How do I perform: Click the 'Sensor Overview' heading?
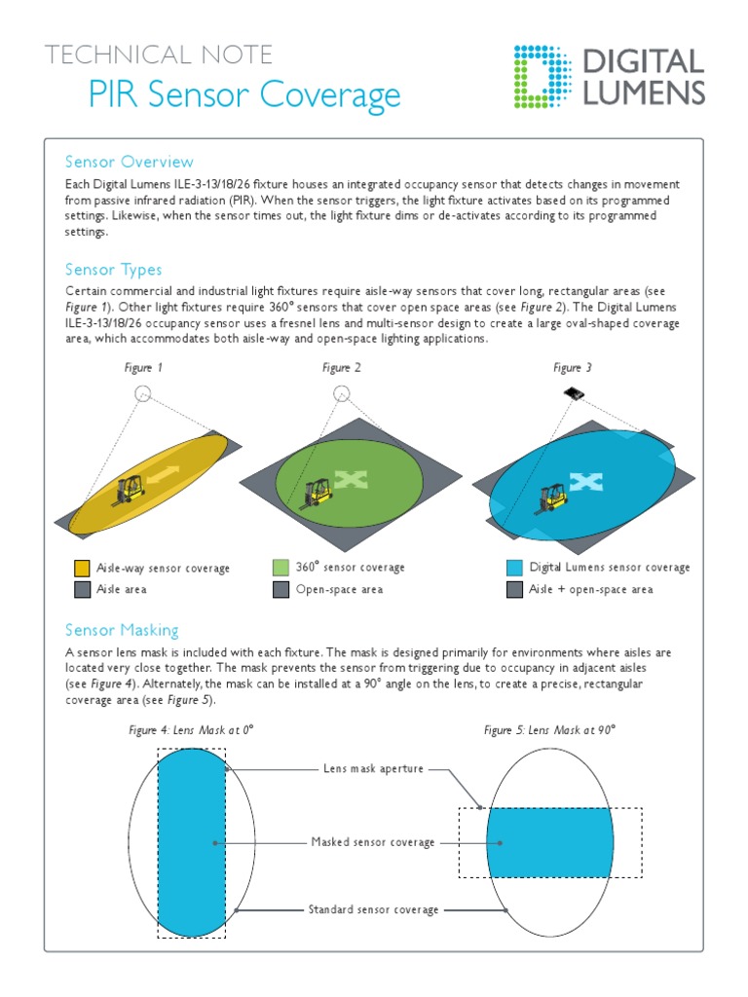129,162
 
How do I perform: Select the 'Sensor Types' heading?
113,270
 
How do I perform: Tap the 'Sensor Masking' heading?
122,630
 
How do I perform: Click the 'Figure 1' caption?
143,368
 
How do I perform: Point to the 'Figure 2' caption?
342,368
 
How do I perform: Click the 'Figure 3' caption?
573,368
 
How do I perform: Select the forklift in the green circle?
318,492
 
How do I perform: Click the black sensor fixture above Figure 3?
574,393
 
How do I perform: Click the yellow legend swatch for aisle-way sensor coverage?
82,569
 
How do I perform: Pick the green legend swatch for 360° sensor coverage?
280,568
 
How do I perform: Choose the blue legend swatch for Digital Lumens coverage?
514,568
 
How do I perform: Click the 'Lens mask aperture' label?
373,769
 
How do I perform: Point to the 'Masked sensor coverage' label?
373,842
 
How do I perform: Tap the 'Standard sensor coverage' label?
373,909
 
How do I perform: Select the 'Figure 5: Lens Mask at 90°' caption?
550,729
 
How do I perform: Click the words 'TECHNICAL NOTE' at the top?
159,55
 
